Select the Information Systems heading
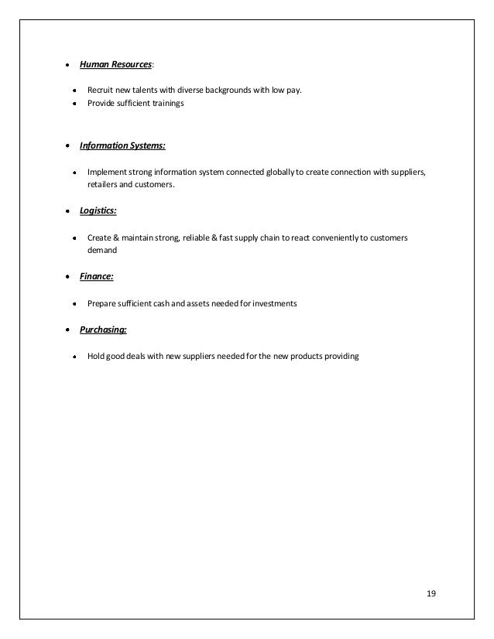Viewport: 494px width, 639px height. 122,145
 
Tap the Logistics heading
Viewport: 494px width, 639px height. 98,210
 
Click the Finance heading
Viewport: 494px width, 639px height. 95,275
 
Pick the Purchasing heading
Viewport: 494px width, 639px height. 103,330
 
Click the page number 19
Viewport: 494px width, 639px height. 431,594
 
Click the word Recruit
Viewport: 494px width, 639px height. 100,91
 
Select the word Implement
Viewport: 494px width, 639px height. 106,170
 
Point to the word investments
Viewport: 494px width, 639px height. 270,302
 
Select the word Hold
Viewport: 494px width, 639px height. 96,357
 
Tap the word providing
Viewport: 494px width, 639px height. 341,357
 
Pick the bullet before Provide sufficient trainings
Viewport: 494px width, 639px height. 74,103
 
